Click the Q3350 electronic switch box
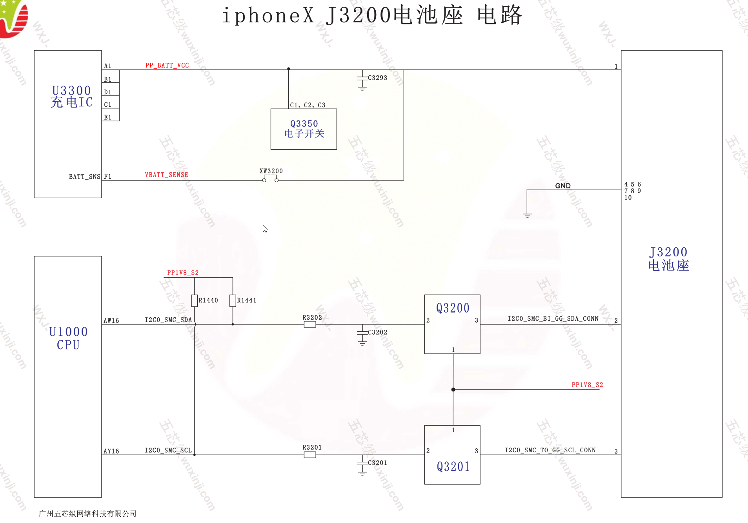[x=304, y=129]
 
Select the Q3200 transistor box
[x=452, y=324]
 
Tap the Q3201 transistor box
[x=452, y=454]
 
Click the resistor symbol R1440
[x=194, y=300]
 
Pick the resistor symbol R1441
[x=233, y=300]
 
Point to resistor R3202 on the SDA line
[x=309, y=324]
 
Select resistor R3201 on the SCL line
[x=309, y=455]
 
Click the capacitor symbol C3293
[x=362, y=79]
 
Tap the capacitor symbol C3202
[x=362, y=333]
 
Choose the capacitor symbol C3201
[x=362, y=464]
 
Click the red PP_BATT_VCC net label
[x=167, y=65]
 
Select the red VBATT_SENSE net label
[x=166, y=175]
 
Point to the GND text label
[x=562, y=186]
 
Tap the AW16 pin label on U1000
[x=111, y=320]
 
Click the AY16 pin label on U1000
[x=111, y=451]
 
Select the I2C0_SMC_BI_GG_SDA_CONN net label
[x=553, y=318]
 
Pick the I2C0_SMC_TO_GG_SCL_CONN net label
[x=550, y=450]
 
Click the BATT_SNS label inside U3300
[x=84, y=177]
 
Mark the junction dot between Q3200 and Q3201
[x=453, y=390]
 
